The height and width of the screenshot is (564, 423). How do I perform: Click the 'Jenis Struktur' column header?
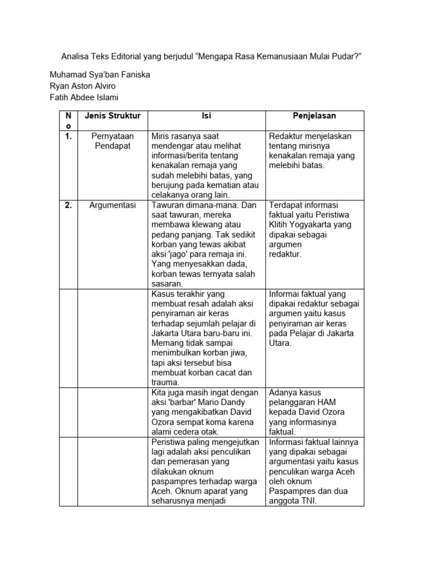pyautogui.click(x=112, y=116)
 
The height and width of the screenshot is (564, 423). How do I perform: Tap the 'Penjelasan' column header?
pyautogui.click(x=314, y=116)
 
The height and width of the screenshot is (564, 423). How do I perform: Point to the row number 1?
pyautogui.click(x=68, y=136)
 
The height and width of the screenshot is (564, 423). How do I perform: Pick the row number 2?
pyautogui.click(x=68, y=205)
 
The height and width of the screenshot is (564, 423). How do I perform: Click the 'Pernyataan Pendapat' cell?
pyautogui.click(x=112, y=141)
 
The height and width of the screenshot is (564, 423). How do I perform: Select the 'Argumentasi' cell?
pyautogui.click(x=112, y=205)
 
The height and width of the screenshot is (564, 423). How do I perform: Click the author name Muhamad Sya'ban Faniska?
pyautogui.click(x=100, y=74)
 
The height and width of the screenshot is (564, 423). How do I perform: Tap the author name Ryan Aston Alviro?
pyautogui.click(x=83, y=86)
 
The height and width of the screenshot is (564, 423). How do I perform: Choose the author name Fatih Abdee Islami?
pyautogui.click(x=84, y=97)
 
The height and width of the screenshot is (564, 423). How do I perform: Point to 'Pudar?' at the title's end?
pyautogui.click(x=347, y=56)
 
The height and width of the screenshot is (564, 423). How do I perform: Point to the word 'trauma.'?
pyautogui.click(x=166, y=382)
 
